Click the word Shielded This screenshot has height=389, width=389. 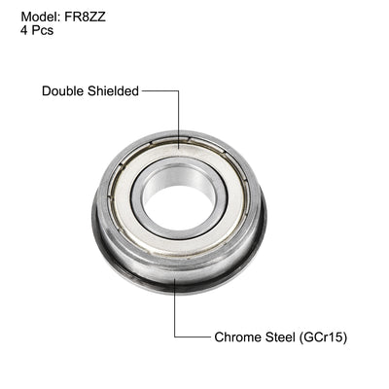pyautogui.click(x=115, y=91)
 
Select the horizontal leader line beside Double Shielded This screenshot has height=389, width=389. pyautogui.click(x=160, y=91)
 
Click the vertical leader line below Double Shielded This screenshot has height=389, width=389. pyautogui.click(x=178, y=112)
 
